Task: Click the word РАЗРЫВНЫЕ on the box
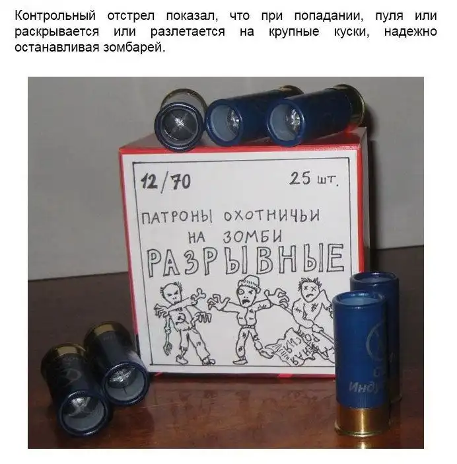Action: pyautogui.click(x=244, y=260)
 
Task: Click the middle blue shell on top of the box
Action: pyautogui.click(x=231, y=119)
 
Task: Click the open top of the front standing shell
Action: pyautogui.click(x=357, y=306)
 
